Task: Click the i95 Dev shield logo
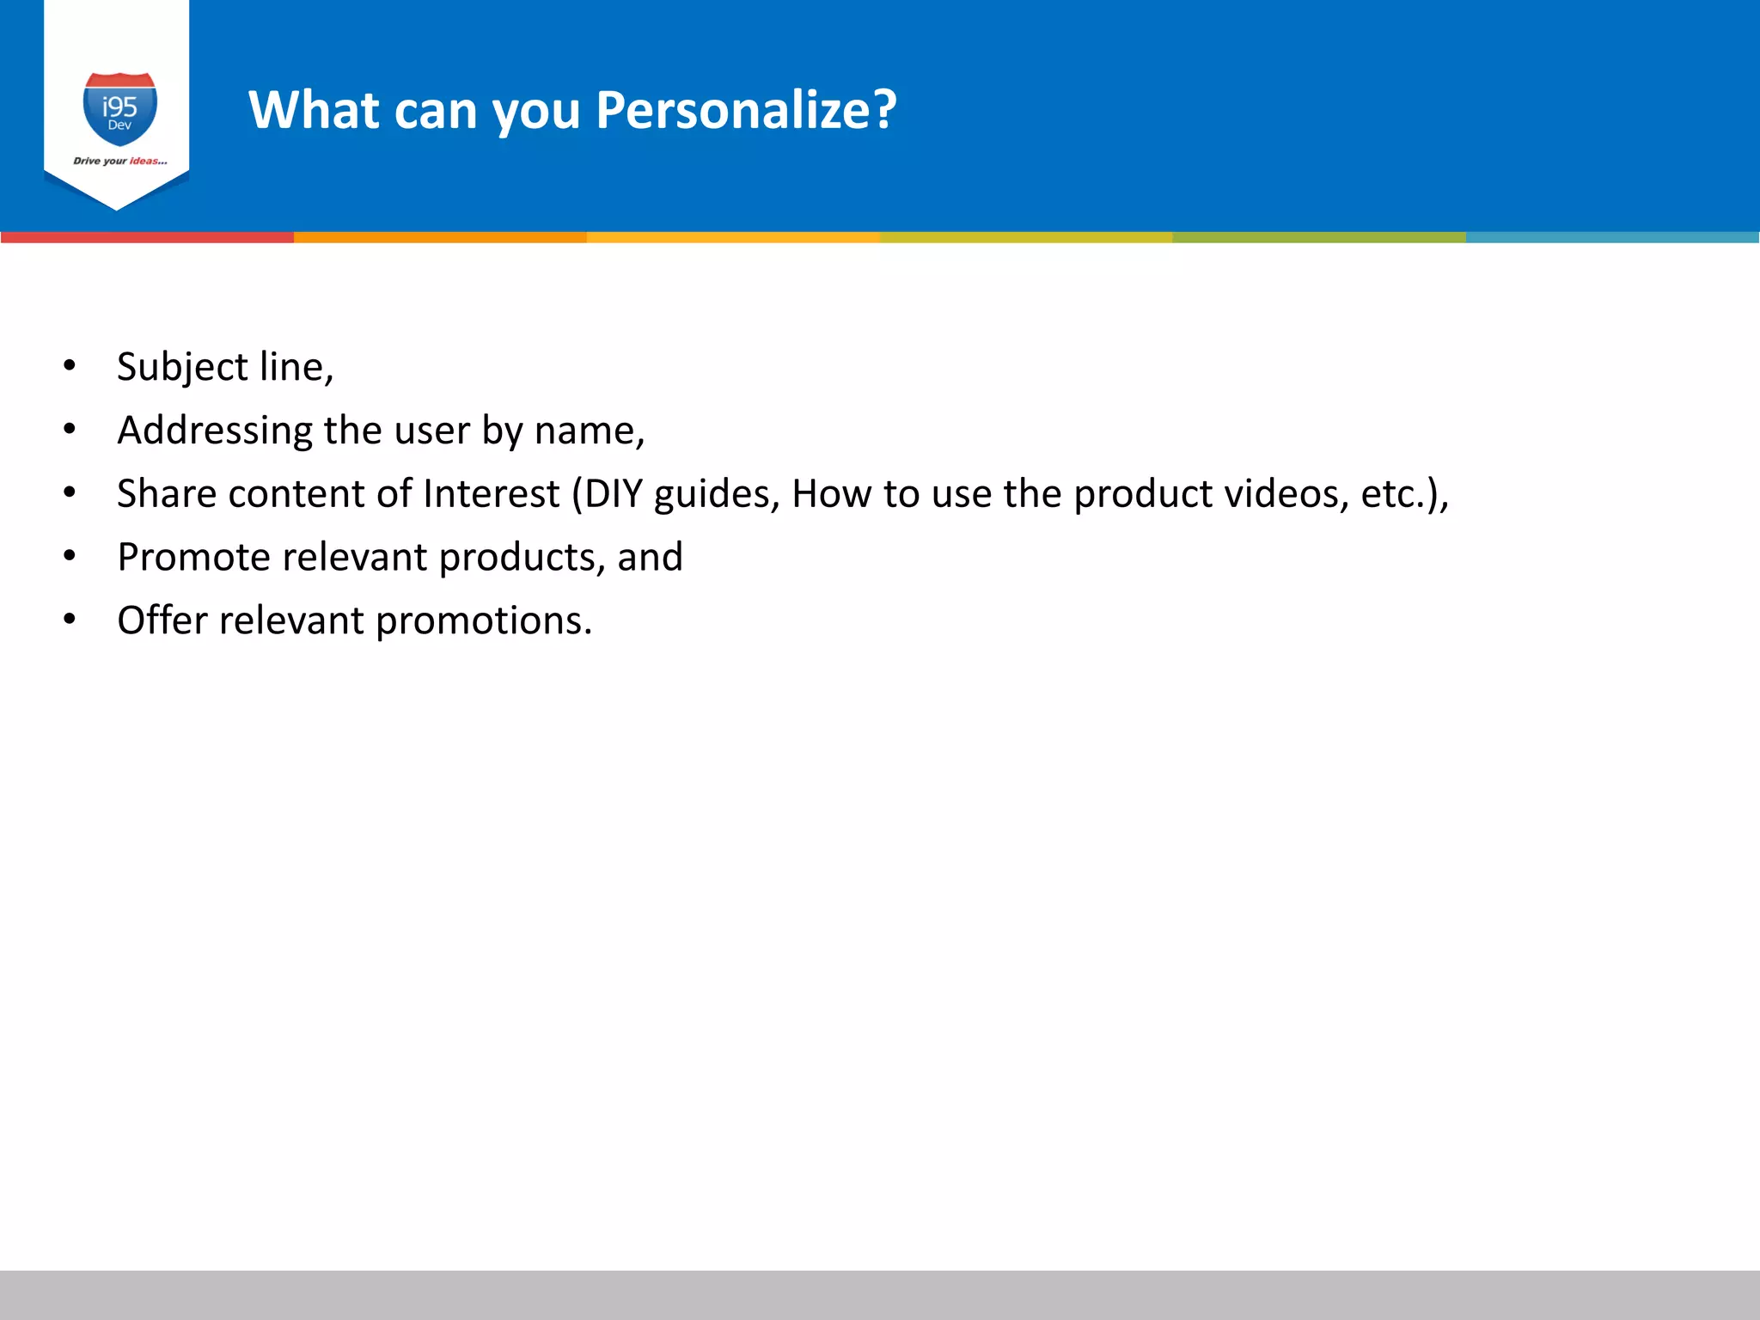pos(119,109)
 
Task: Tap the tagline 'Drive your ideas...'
pos(119,161)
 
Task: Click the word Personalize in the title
pos(746,110)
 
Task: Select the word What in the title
pos(314,110)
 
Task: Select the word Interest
pos(491,494)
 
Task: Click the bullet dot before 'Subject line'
pos(70,366)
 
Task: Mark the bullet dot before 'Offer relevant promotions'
pos(70,620)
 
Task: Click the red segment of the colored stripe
pos(147,237)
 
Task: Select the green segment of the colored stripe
pos(1319,237)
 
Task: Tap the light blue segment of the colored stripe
pos(1612,237)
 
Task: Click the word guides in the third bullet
pos(717,494)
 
